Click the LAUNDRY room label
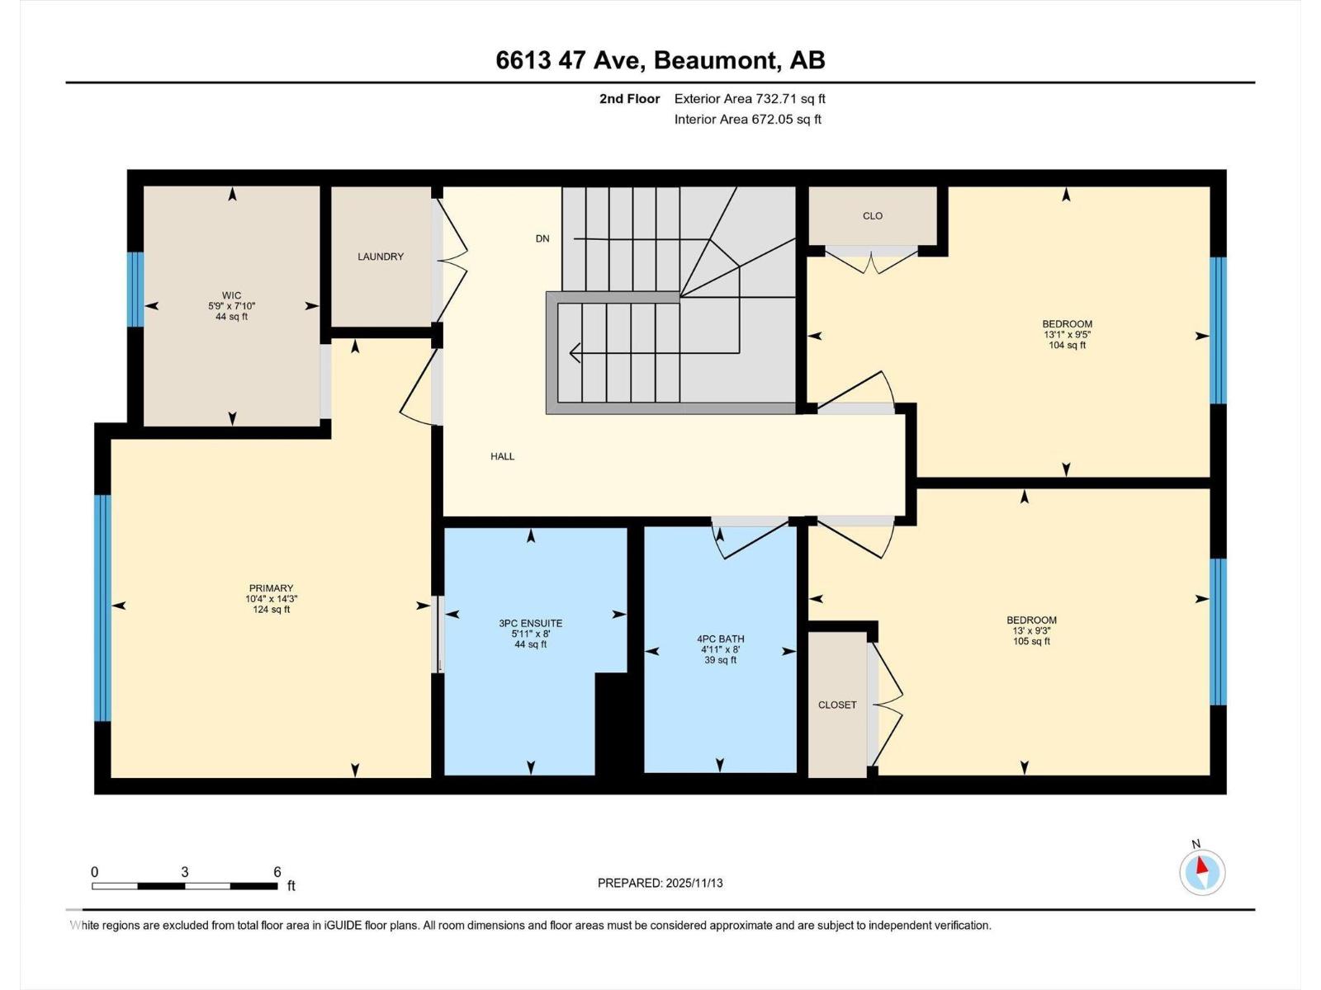click(381, 257)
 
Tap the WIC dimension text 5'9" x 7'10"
click(232, 306)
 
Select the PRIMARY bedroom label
click(271, 588)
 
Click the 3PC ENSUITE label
click(531, 624)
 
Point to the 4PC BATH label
click(721, 639)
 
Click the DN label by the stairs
click(542, 238)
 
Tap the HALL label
click(502, 456)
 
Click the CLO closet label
click(873, 216)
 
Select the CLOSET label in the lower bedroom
click(837, 705)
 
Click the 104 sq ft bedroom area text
click(1067, 346)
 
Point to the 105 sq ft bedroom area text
click(1031, 641)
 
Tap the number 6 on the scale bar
click(277, 872)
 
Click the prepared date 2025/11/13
click(693, 883)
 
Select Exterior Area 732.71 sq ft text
click(750, 99)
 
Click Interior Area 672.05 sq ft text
click(747, 120)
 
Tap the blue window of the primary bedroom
click(102, 608)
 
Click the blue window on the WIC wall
click(135, 289)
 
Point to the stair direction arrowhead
click(574, 353)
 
